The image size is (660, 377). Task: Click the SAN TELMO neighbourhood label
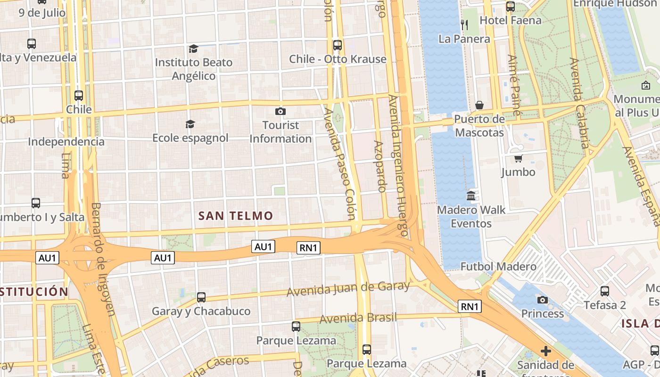coord(236,216)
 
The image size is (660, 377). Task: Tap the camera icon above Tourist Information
coord(280,111)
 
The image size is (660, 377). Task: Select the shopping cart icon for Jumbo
coord(518,158)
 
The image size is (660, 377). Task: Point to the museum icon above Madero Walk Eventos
coord(471,196)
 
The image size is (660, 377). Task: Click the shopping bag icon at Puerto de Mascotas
coord(479,105)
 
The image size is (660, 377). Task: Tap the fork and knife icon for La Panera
coord(464,25)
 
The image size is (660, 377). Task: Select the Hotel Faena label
coord(504,20)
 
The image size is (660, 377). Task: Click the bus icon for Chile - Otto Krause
coord(338,45)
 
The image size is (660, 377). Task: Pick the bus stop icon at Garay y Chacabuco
coord(201,297)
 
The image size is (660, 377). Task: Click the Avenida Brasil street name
coord(358,318)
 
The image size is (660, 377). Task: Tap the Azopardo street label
coord(379,166)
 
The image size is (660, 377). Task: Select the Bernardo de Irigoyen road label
coord(103,259)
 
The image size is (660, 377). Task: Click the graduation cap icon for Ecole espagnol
coord(190,124)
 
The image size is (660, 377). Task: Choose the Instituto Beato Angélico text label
coord(194,69)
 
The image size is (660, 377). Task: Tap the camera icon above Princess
coord(543,300)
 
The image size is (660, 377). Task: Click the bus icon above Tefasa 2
coord(605,291)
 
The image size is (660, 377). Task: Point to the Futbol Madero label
coord(498,266)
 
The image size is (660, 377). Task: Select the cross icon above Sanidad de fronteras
coord(545,351)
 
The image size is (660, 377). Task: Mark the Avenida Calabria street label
coord(580,103)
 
